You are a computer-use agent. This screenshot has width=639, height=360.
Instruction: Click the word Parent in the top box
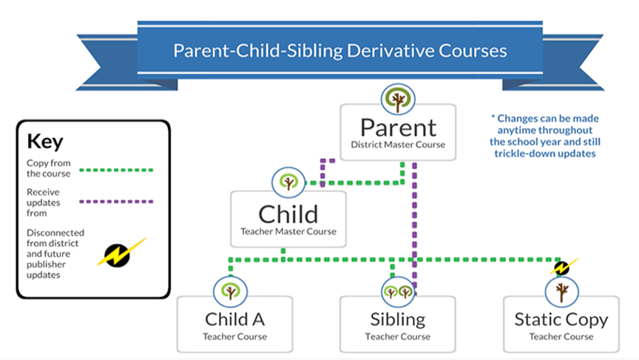point(398,127)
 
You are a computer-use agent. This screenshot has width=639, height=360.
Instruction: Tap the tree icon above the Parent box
point(398,99)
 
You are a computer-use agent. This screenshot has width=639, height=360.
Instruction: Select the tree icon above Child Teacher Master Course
point(288,182)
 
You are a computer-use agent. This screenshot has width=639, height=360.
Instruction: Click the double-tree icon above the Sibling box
point(398,291)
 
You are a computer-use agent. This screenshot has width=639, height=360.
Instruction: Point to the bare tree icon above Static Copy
point(561,291)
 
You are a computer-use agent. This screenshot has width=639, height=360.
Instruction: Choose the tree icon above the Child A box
point(230,291)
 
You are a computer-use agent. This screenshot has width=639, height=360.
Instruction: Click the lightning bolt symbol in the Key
point(121,254)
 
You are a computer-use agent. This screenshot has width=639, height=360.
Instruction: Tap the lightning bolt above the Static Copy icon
point(564,267)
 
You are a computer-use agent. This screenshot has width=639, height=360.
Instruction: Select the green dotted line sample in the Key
point(116,170)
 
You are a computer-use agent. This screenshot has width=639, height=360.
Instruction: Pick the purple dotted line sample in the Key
point(116,202)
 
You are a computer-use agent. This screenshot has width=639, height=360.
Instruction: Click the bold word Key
point(45,142)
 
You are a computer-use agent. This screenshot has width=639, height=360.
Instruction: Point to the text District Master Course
point(398,145)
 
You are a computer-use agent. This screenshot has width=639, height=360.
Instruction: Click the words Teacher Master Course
point(288,231)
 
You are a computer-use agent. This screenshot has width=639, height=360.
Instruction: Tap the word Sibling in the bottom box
point(398,320)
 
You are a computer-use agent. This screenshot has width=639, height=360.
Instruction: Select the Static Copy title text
point(561,320)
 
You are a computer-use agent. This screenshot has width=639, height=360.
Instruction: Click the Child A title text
point(234,319)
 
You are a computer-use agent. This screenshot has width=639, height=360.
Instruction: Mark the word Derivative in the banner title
point(389,51)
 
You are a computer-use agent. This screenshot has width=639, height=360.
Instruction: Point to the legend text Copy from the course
point(49,169)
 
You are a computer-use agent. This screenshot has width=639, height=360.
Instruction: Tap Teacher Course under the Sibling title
point(398,337)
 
